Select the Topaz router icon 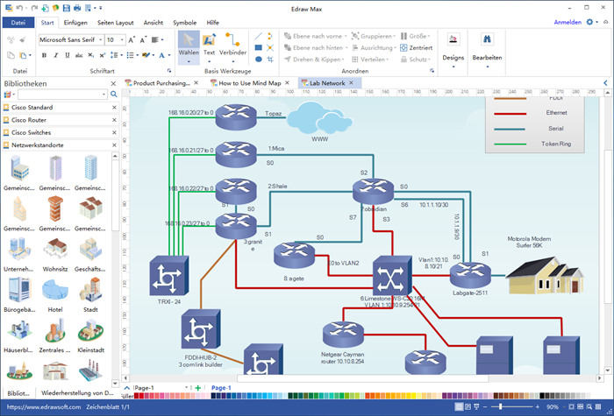coord(234,115)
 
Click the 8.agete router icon coord(294,257)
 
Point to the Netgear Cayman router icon coord(342,335)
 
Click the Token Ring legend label coord(555,143)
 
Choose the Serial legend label coord(555,128)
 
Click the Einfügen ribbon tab coord(75,22)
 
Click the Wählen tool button coord(188,44)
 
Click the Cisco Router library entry coord(31,120)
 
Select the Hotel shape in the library coord(55,293)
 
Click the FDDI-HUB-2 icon coord(198,334)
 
